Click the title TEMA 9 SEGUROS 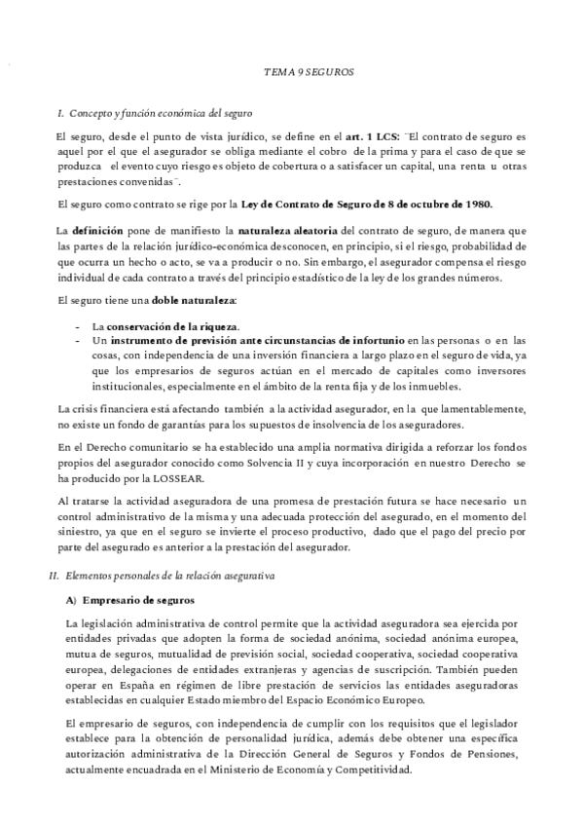[310, 73]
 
